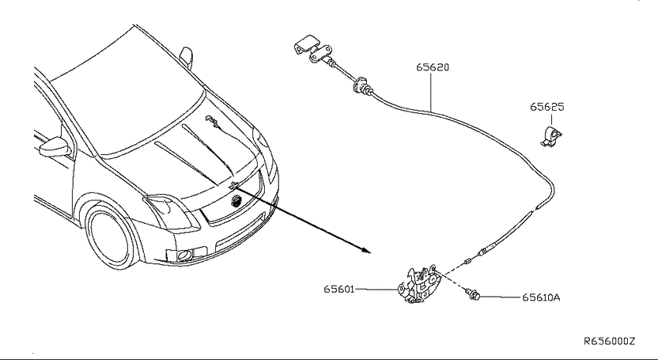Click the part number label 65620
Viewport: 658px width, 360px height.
tap(433, 67)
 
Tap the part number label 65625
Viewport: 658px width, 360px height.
tap(547, 107)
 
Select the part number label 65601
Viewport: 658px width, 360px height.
tap(339, 289)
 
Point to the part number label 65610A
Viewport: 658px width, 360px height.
tap(541, 297)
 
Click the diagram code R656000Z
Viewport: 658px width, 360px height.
tap(609, 341)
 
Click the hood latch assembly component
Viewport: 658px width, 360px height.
tap(419, 283)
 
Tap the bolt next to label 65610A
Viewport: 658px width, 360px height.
tap(472, 294)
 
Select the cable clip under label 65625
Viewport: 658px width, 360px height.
tap(550, 136)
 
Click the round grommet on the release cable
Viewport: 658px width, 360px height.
tap(360, 84)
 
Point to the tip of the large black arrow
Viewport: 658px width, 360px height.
tap(372, 253)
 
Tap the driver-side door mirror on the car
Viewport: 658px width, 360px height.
tap(54, 146)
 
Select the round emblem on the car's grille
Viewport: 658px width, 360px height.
tap(236, 201)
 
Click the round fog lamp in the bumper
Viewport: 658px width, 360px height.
tap(184, 255)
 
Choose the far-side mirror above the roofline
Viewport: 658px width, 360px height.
tap(187, 57)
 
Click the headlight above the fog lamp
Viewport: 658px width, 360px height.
tap(171, 212)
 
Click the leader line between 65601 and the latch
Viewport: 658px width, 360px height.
tap(376, 289)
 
